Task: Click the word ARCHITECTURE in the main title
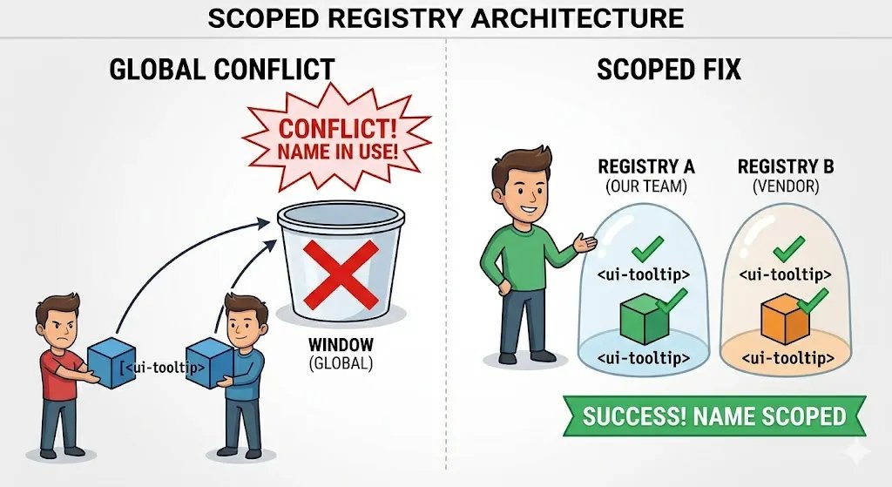578,19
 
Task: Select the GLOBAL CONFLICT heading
221,70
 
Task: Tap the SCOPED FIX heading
669,70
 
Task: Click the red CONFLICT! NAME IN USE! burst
337,139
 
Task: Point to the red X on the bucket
341,274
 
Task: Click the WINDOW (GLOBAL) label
341,354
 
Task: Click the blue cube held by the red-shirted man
112,362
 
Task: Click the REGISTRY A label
646,166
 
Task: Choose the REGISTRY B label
786,166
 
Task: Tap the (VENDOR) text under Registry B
786,186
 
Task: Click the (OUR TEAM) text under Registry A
646,186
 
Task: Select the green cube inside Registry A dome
644,319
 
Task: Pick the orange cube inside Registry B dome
785,319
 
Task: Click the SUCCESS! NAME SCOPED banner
714,416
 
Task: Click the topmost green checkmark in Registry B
788,248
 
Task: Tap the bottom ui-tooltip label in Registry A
644,358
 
